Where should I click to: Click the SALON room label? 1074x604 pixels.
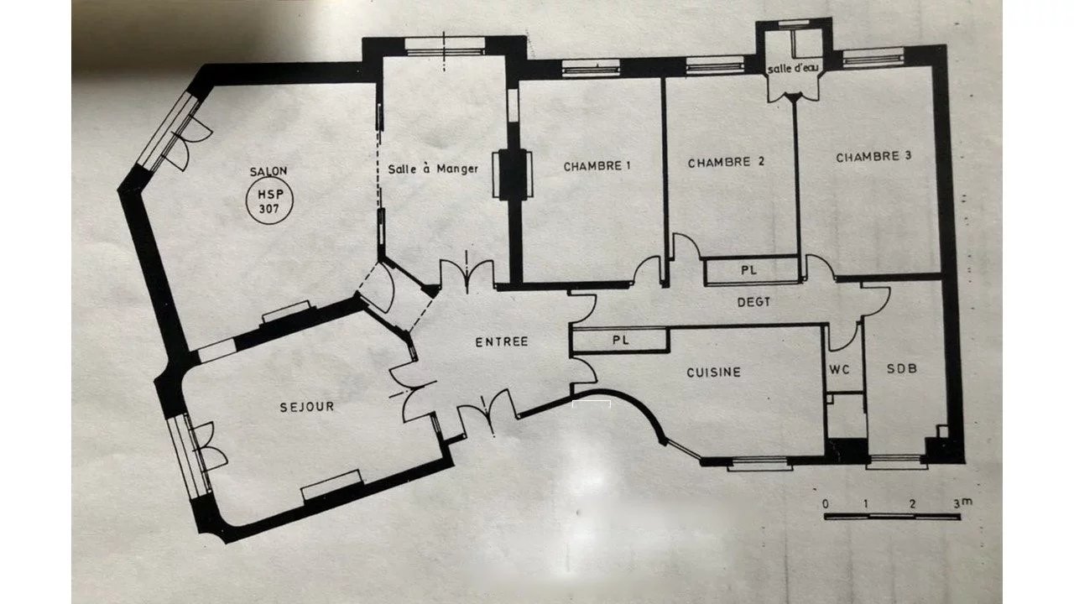tap(268, 171)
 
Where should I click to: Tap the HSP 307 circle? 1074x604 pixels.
tap(269, 202)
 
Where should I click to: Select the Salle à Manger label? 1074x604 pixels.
tap(433, 169)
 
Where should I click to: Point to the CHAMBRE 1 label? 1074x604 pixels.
tap(597, 166)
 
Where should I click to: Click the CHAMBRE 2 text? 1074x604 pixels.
tap(726, 163)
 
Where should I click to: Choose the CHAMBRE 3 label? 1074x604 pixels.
tap(873, 157)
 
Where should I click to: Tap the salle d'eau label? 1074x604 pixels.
tap(793, 69)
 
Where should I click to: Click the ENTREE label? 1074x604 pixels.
tap(502, 341)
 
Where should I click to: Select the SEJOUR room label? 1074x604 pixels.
tap(307, 407)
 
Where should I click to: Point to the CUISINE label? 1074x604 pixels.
tap(713, 372)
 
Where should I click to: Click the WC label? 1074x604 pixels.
tap(840, 370)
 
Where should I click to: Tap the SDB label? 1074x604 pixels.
tap(902, 368)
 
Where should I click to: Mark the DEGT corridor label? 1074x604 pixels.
tap(753, 302)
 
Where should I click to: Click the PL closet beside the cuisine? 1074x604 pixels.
tap(620, 341)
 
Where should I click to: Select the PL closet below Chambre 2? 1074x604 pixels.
tap(749, 270)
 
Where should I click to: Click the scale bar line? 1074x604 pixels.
tap(892, 516)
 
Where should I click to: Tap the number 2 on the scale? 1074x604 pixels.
tap(912, 504)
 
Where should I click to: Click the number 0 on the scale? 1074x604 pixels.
tap(825, 504)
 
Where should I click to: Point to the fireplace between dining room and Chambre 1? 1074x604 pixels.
tap(513, 174)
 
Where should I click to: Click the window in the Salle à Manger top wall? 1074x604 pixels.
tap(445, 46)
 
